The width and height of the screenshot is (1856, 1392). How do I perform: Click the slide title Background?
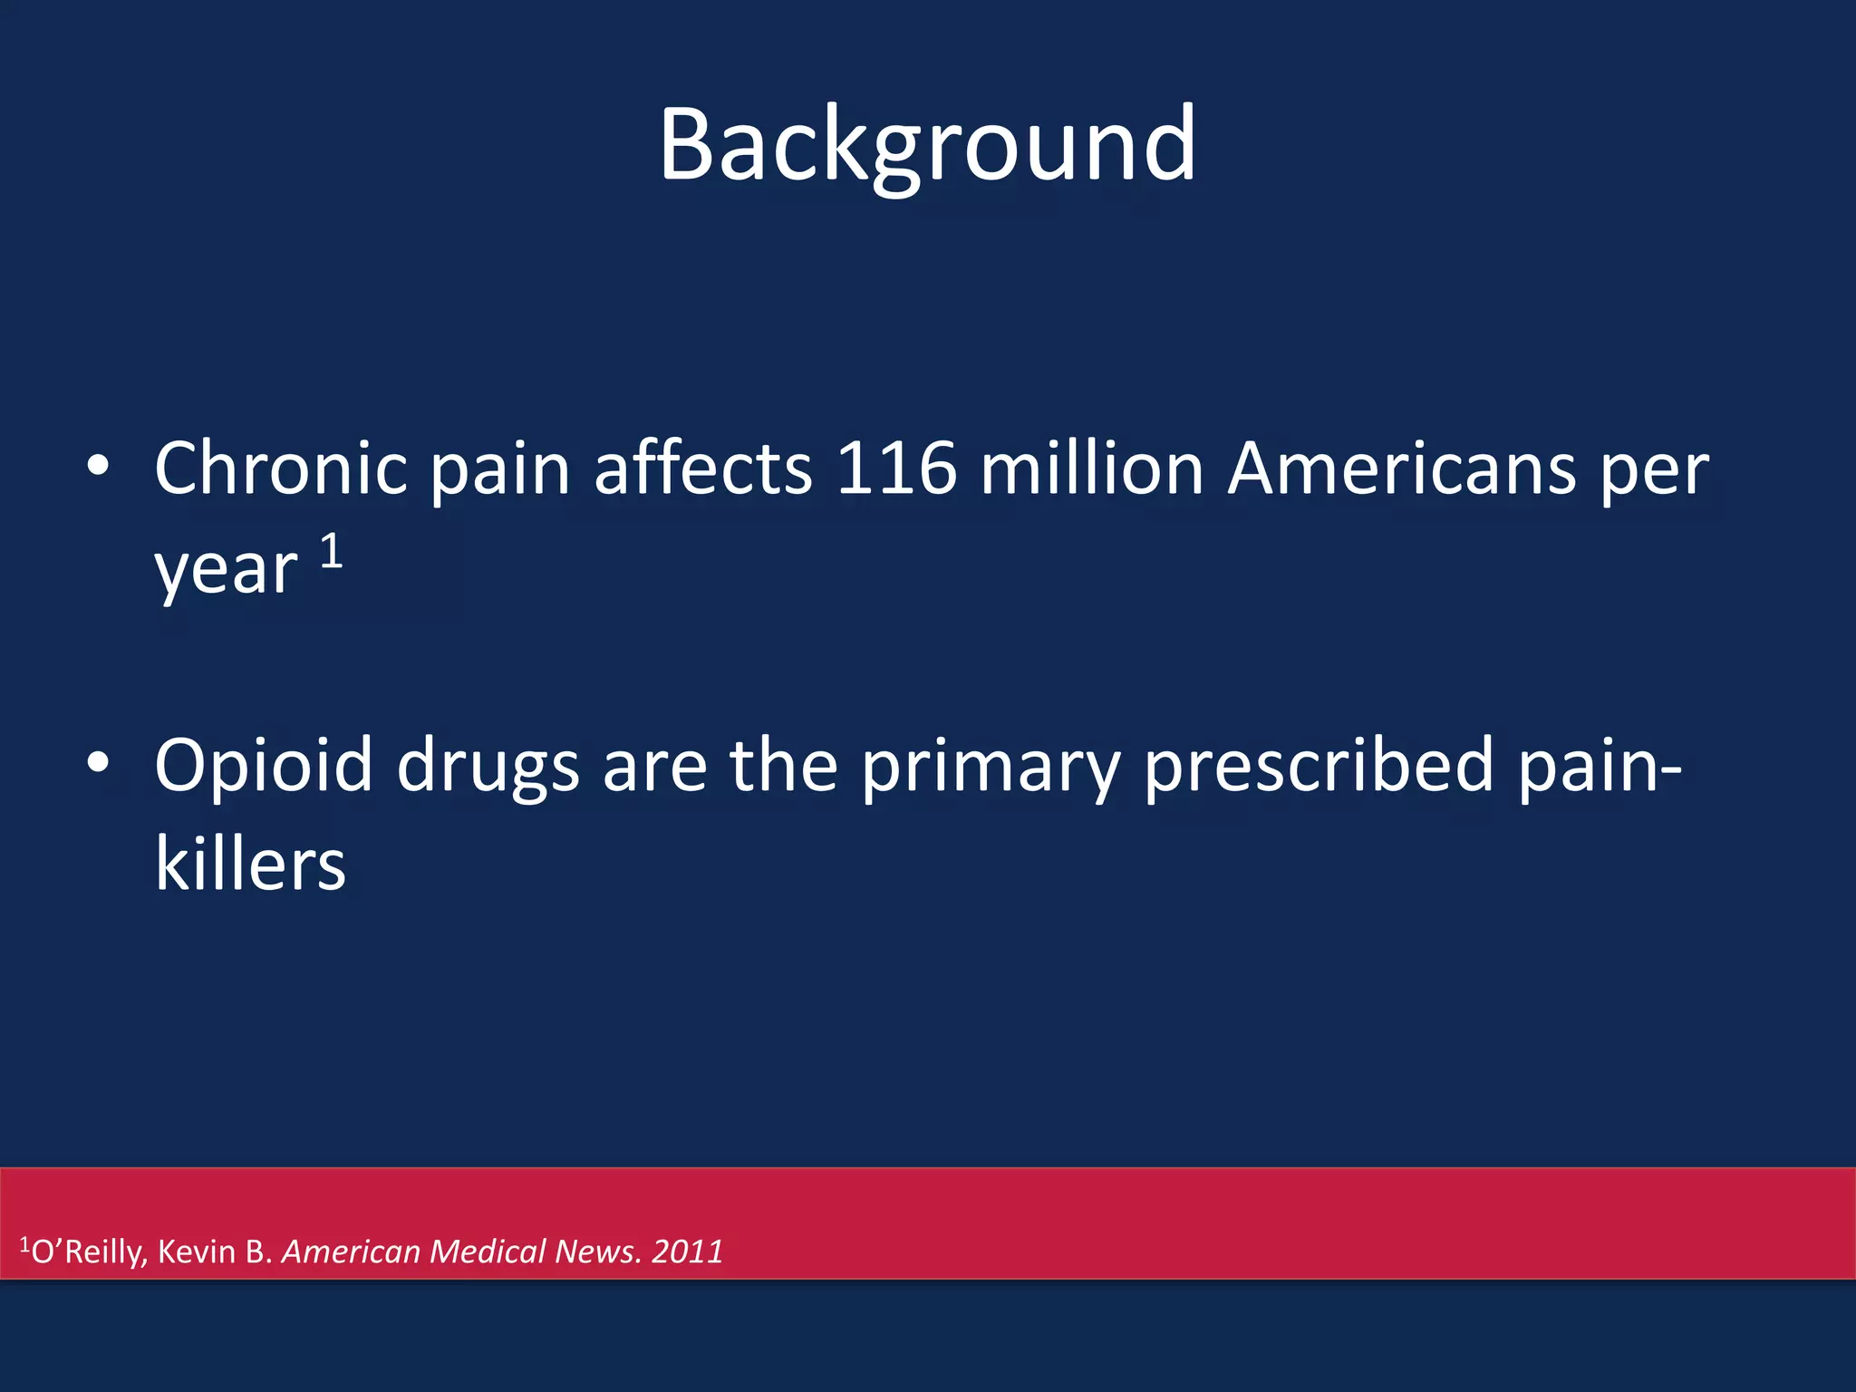tap(927, 145)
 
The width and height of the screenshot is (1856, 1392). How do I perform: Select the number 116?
tap(896, 469)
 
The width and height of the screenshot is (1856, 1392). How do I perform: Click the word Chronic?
tap(281, 469)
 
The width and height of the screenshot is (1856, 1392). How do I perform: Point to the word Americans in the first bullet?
tap(1401, 469)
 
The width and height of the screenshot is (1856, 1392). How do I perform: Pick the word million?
tap(1091, 469)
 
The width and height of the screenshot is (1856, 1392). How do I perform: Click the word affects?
tap(703, 469)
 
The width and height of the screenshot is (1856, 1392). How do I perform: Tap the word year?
tap(226, 571)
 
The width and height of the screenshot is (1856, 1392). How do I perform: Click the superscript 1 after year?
tap(332, 551)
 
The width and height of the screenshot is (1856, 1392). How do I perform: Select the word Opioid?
tap(263, 766)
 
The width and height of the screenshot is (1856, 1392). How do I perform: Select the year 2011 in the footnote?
tap(687, 1252)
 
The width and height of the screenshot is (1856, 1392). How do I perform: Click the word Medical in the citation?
tap(488, 1252)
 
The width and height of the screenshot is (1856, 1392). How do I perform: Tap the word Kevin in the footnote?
tap(197, 1252)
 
